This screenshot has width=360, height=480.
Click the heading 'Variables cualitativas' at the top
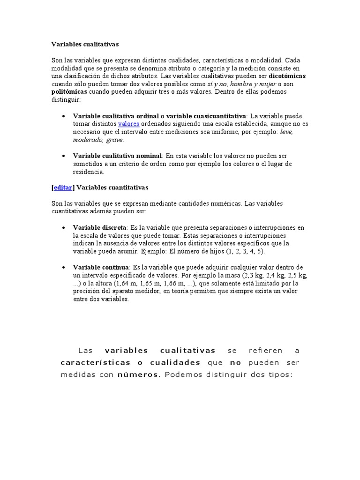(x=85, y=44)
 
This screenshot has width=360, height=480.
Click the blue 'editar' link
(x=63, y=187)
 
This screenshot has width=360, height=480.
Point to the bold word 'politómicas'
(x=69, y=92)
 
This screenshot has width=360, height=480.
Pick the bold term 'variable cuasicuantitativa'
(x=206, y=116)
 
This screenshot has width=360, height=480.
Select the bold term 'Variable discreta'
(x=99, y=227)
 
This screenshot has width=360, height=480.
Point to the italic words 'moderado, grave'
(x=98, y=140)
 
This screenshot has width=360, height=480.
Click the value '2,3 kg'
(x=258, y=275)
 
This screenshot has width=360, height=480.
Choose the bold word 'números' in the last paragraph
(x=139, y=375)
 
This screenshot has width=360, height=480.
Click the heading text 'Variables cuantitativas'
(x=112, y=187)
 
